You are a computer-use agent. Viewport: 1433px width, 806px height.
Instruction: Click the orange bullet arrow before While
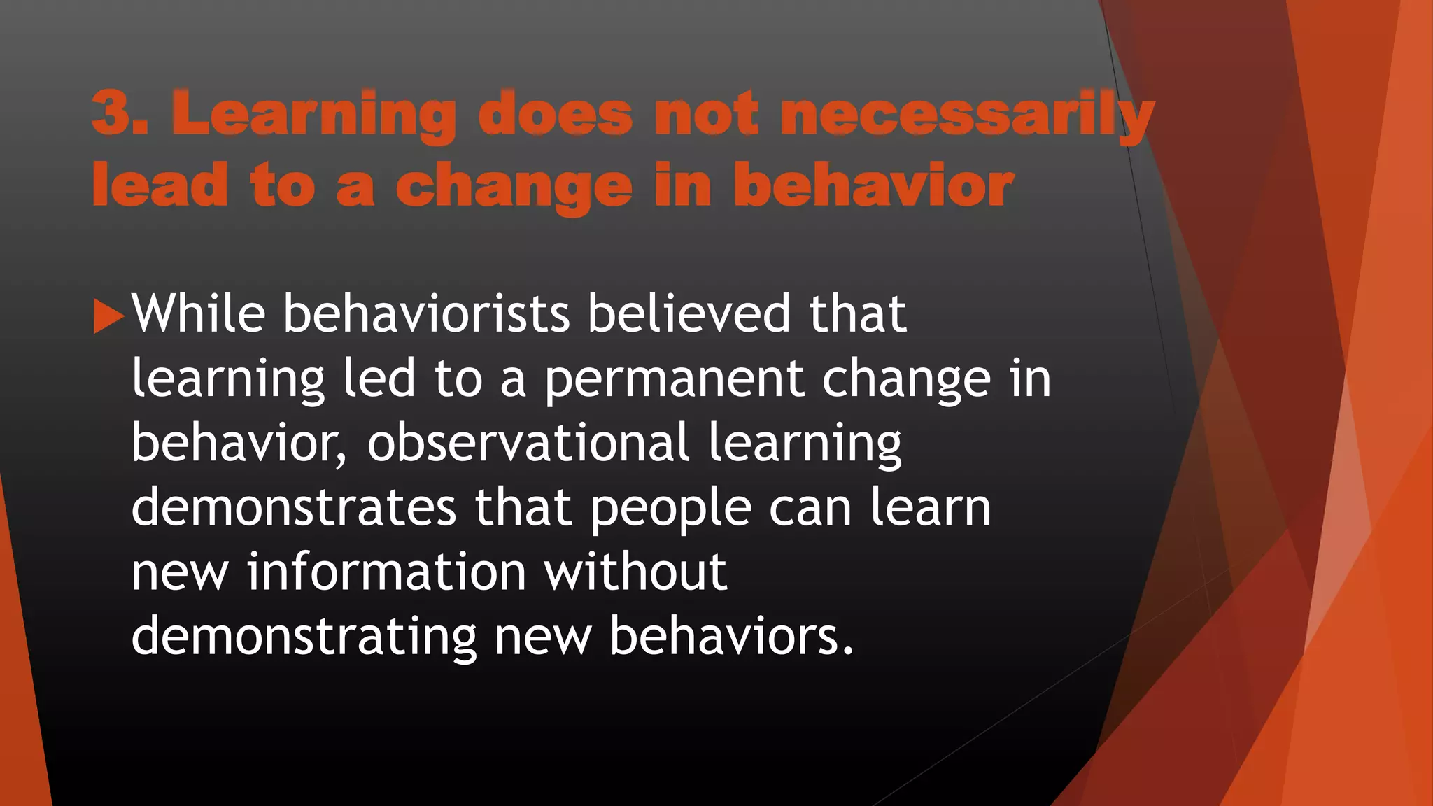(x=108, y=316)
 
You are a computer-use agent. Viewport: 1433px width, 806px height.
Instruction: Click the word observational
(x=529, y=443)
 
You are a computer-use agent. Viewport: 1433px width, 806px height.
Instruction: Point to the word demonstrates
(x=294, y=507)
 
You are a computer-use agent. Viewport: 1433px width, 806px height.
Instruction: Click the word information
(x=386, y=572)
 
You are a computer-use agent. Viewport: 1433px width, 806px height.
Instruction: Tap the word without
(x=635, y=572)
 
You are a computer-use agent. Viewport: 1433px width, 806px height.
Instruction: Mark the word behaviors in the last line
(x=731, y=636)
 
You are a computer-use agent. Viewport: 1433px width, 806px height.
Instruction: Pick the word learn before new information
(x=931, y=507)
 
